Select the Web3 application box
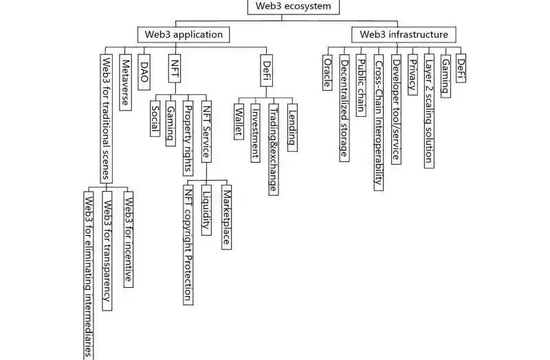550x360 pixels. coord(182,34)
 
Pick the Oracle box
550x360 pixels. coord(328,71)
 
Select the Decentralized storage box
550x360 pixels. coord(344,107)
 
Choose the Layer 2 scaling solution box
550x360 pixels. coord(429,110)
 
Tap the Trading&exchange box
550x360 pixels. coord(274,149)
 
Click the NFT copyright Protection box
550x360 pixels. coord(188,244)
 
